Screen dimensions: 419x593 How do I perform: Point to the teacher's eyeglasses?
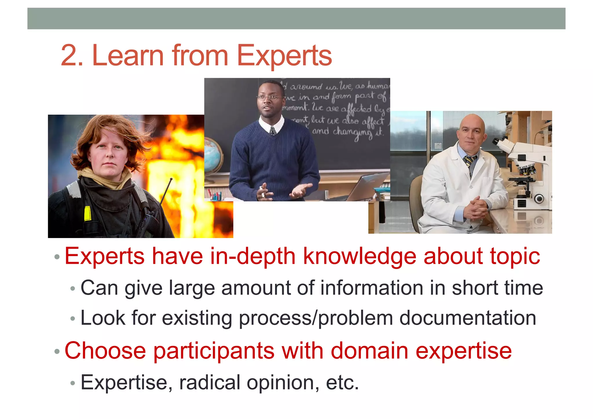tap(269, 98)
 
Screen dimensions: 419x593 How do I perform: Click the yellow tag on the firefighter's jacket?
tap(87, 214)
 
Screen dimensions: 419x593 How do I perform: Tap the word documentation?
tap(467, 318)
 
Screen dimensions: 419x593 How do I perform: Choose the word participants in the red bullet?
tap(214, 351)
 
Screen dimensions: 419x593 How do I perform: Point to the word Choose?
tap(105, 351)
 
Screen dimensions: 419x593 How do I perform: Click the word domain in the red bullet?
tap(369, 351)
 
